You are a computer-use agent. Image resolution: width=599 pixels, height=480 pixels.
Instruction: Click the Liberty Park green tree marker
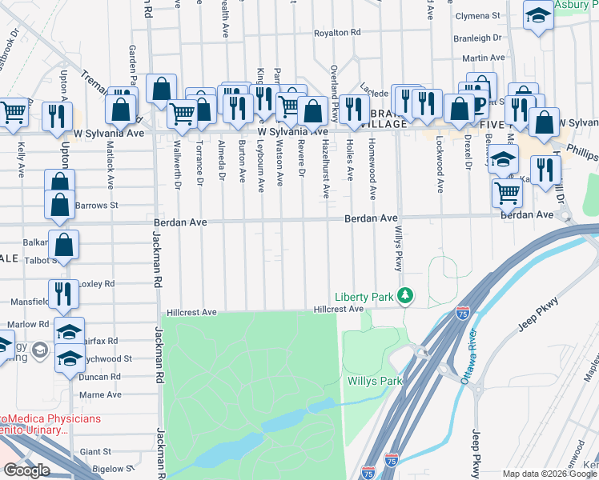pos(406,297)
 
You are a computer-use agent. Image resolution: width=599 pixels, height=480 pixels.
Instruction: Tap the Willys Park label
pos(374,381)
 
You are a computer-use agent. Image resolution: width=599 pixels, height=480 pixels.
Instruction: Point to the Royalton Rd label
pos(337,33)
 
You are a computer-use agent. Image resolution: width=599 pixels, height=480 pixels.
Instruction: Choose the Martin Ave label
pos(483,58)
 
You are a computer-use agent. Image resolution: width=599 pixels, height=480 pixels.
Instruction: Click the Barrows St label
pos(97,205)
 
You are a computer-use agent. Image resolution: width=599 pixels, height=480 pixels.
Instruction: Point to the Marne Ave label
pos(100,394)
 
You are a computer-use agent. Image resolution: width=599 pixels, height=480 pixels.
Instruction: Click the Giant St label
pos(95,451)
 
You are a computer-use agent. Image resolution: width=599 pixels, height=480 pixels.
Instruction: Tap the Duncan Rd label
pos(100,376)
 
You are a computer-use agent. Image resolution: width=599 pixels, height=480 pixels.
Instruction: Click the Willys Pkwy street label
pos(397,247)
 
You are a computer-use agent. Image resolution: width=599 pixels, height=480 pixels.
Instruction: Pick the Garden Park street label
pos(134,63)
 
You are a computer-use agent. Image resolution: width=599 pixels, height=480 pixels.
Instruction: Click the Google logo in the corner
pos(26,470)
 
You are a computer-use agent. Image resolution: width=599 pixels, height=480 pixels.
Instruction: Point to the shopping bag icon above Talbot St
pos(63,242)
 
